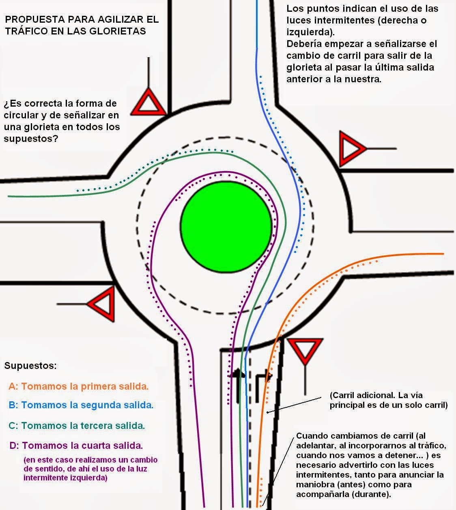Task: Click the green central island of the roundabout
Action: click(x=226, y=226)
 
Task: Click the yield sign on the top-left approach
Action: click(x=148, y=102)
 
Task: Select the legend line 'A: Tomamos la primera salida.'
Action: click(x=78, y=386)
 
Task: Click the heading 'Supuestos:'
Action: click(x=30, y=365)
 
